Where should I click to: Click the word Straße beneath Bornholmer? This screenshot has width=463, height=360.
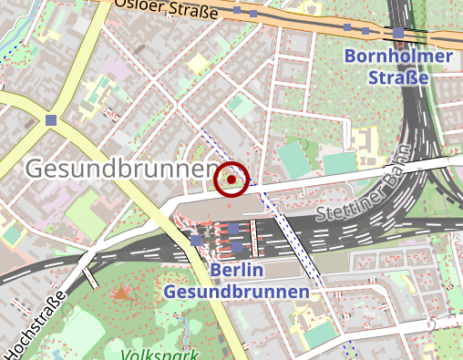coord(398,78)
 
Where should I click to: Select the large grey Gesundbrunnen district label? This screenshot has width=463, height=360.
coord(118,169)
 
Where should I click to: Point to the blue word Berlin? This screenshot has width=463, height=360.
coord(236,270)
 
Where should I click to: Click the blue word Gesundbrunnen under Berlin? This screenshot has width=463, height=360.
coord(236,292)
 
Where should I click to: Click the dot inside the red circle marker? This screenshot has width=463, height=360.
coord(231,180)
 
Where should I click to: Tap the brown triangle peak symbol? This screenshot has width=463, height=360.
coord(121,292)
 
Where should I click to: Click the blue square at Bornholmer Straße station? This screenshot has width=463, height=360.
coord(398,34)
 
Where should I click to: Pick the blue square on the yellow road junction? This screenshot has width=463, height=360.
coord(50,119)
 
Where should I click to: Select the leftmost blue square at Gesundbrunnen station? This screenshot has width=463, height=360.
coord(197,240)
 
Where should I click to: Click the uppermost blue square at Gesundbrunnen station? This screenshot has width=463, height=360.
coord(233,229)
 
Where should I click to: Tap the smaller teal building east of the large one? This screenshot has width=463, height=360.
coord(338,163)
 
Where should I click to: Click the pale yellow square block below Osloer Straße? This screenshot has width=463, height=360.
coord(197,62)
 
